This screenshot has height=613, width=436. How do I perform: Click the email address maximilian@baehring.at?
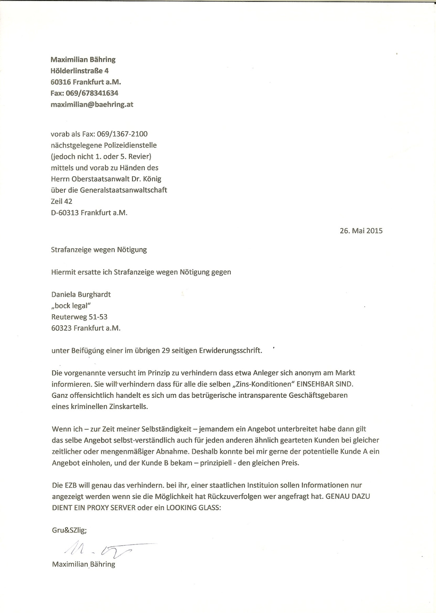point(92,105)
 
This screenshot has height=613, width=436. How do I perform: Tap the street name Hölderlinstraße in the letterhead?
point(75,71)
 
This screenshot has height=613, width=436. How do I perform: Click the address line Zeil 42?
point(62,201)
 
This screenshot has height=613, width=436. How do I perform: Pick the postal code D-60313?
point(65,213)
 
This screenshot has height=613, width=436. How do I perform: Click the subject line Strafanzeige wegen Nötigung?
point(99,249)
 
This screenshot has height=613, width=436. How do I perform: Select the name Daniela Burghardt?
point(81,294)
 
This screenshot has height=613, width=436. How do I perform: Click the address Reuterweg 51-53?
point(79,317)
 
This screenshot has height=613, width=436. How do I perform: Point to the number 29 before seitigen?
point(166,351)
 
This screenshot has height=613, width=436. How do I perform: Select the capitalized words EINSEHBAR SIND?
point(325,384)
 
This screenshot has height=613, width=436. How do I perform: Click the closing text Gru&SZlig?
point(69,530)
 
